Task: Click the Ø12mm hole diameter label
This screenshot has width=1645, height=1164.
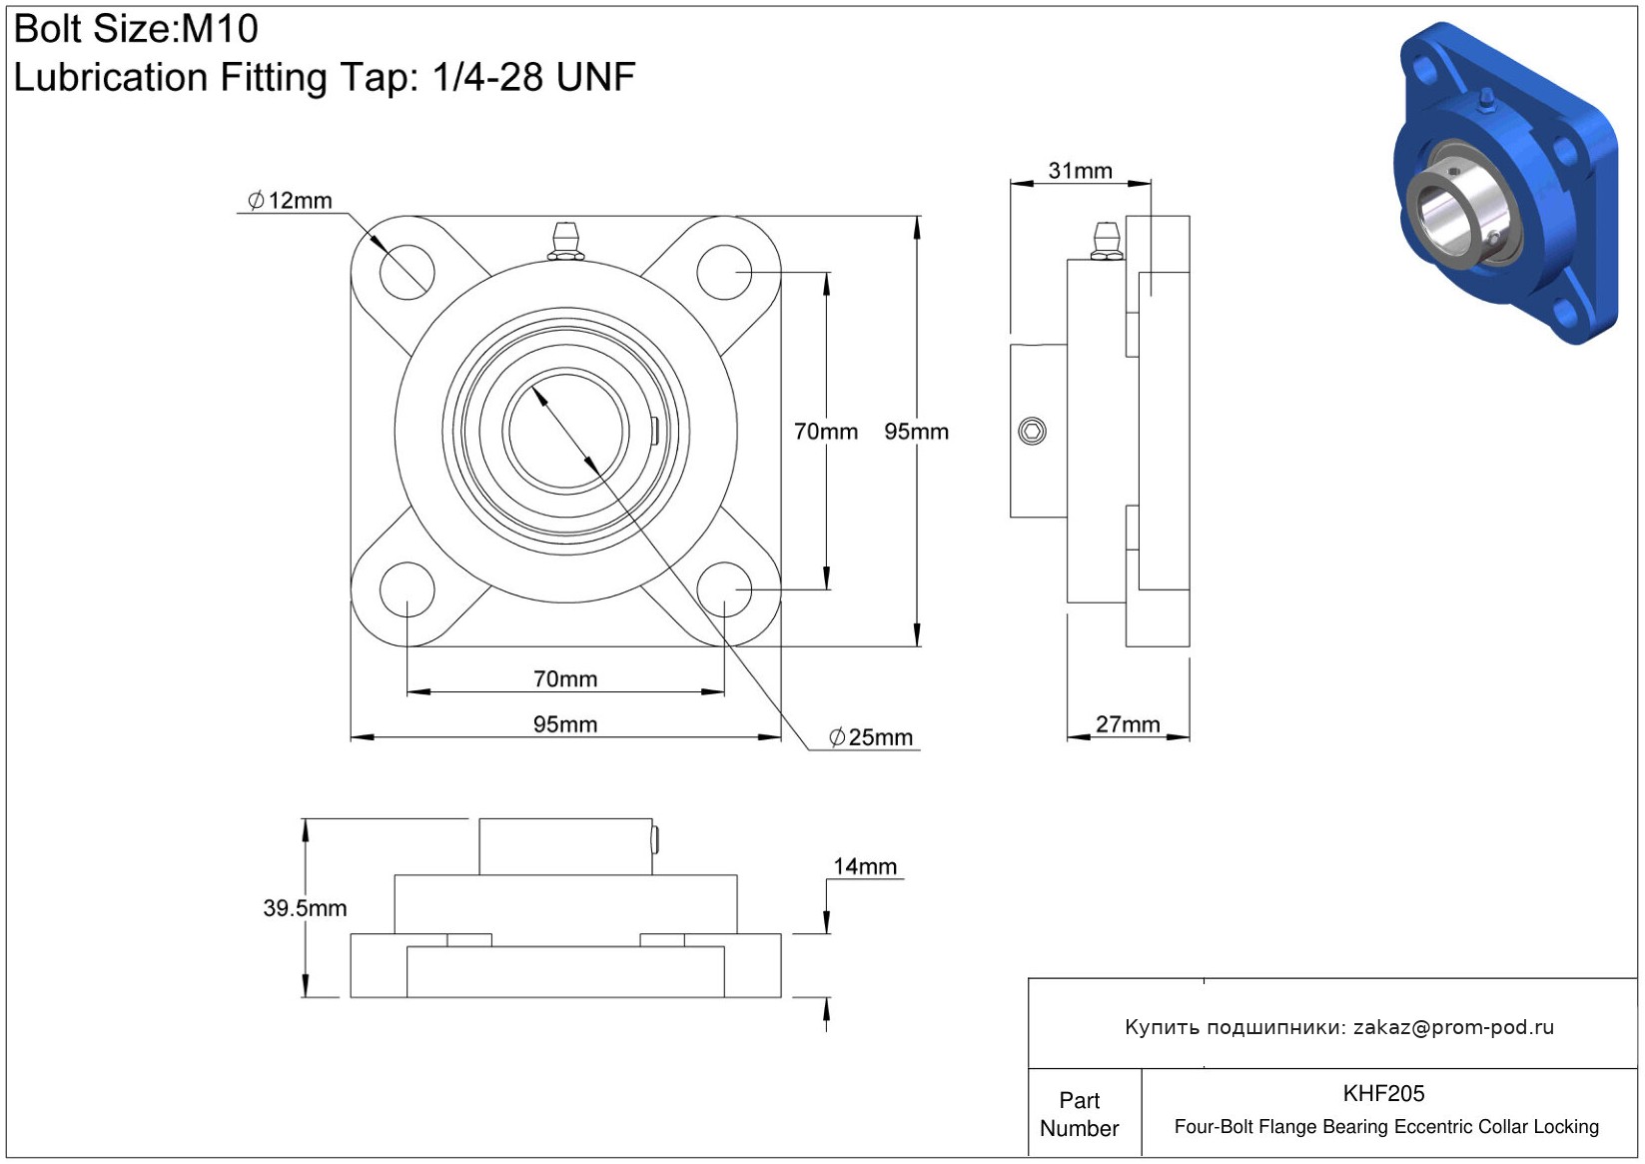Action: point(291,200)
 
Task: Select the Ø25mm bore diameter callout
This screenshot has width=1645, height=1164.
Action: point(871,737)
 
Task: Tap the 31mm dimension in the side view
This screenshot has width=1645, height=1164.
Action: point(1080,171)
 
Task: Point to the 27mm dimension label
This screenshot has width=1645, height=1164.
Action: point(1128,723)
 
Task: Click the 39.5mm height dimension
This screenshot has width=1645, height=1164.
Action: point(305,907)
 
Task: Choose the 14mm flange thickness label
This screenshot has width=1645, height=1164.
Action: point(865,866)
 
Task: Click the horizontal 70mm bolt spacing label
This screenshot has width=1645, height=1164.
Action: point(565,678)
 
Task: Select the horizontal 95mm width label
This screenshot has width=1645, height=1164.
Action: point(565,723)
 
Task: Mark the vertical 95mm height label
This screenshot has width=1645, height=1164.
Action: point(916,432)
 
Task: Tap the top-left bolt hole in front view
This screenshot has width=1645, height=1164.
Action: point(408,272)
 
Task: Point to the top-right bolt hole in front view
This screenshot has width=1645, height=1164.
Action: point(724,272)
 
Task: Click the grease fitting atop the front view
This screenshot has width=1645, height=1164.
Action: point(565,241)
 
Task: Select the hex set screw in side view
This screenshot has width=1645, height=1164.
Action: point(1032,432)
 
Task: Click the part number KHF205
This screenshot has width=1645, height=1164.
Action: point(1383,1093)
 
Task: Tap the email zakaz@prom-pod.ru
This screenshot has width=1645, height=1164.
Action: point(1453,1027)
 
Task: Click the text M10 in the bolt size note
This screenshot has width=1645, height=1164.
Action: point(220,29)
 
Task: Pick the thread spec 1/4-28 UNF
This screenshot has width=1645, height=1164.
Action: point(533,77)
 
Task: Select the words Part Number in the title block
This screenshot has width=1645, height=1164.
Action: point(1079,1114)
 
